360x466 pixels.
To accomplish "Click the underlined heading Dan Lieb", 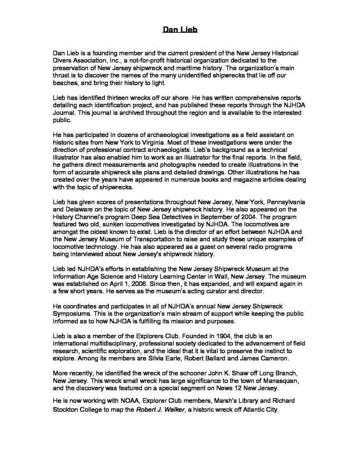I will [x=180, y=30].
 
